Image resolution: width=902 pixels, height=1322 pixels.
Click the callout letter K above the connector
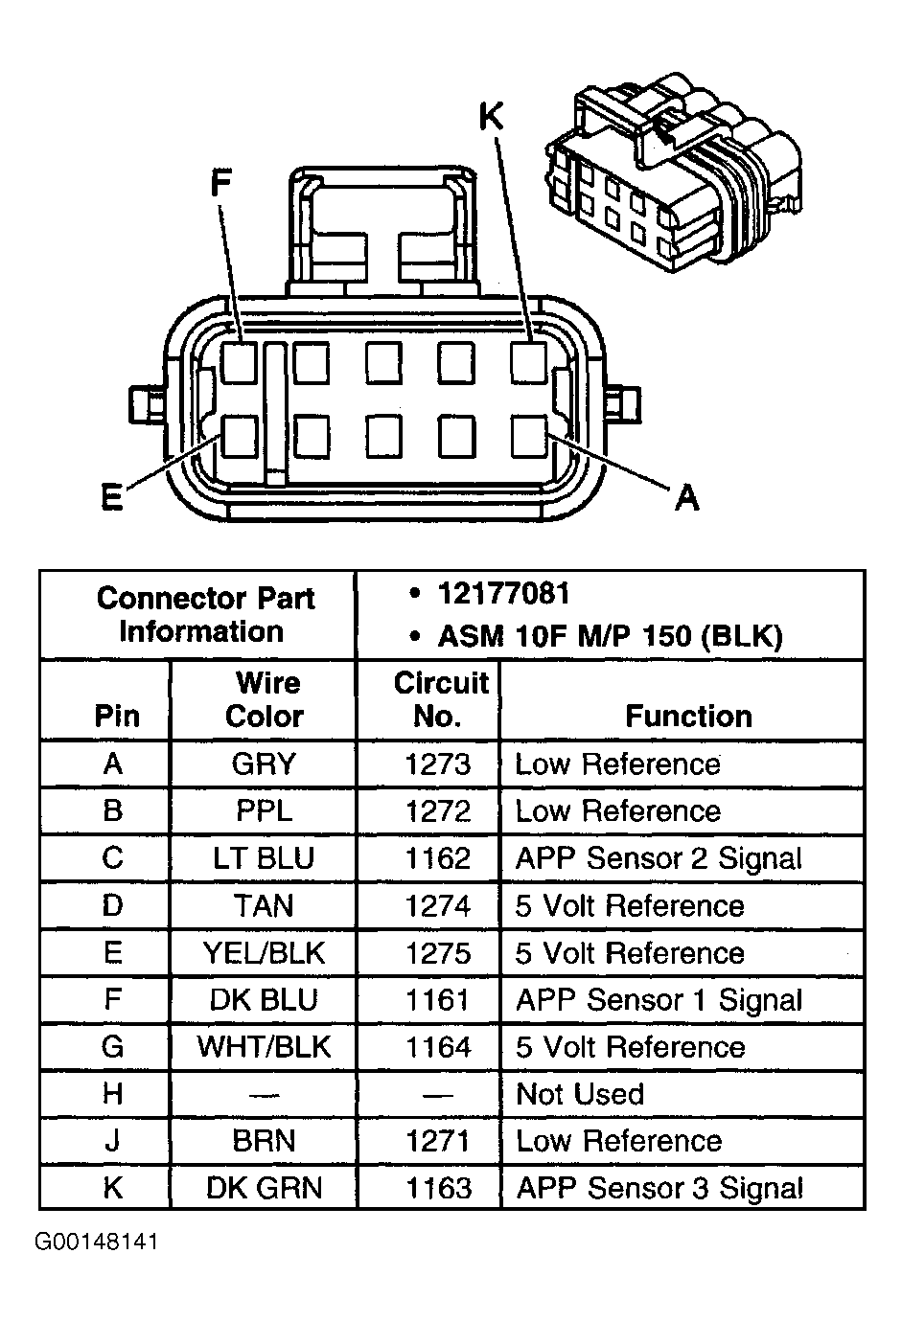[x=491, y=117]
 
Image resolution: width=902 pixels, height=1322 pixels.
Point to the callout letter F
[x=221, y=182]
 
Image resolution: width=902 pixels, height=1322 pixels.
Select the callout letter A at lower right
[x=686, y=496]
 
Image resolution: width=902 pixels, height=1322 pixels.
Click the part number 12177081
[x=503, y=594]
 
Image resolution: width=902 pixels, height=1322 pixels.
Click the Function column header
[x=688, y=716]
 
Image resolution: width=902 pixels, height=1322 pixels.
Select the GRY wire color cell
[x=264, y=764]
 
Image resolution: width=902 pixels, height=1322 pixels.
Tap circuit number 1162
[x=438, y=858]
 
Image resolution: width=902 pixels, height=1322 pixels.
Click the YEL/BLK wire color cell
[x=264, y=953]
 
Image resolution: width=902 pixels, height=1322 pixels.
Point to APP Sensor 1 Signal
[x=659, y=1000]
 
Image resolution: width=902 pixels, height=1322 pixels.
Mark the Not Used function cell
[x=579, y=1094]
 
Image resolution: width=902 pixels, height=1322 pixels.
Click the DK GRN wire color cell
[x=264, y=1188]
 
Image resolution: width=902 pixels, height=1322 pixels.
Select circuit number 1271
[x=438, y=1141]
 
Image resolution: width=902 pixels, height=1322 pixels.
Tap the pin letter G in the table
[x=112, y=1047]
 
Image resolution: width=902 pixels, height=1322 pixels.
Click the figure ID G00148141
[x=97, y=1242]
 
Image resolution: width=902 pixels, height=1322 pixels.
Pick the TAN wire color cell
[x=264, y=905]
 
